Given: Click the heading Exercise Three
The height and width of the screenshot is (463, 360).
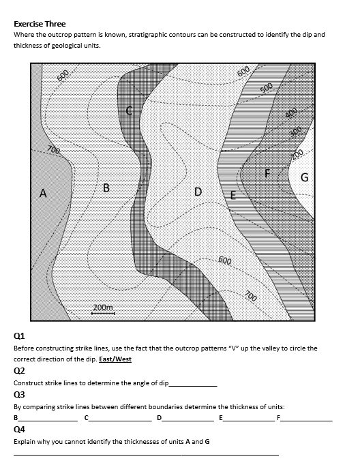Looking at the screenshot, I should pos(40,23).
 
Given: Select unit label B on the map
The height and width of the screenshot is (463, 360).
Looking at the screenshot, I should pos(106,187).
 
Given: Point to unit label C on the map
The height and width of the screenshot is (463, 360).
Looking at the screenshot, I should pos(129,110).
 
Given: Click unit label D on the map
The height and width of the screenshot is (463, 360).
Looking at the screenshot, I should pos(198,192).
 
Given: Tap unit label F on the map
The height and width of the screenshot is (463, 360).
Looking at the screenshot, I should pos(268,173).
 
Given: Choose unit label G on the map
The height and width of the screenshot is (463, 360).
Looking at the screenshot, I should pos(305,178).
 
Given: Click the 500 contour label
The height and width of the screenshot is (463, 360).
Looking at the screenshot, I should pos(267,88).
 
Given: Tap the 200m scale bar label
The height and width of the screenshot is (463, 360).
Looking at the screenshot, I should pos(103,308).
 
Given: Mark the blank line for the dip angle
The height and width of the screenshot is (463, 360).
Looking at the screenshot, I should pos(192,385).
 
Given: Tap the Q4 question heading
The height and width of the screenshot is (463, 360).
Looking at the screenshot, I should pos(19,430).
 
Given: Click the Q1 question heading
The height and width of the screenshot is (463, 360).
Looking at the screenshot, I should pos(19,335).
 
